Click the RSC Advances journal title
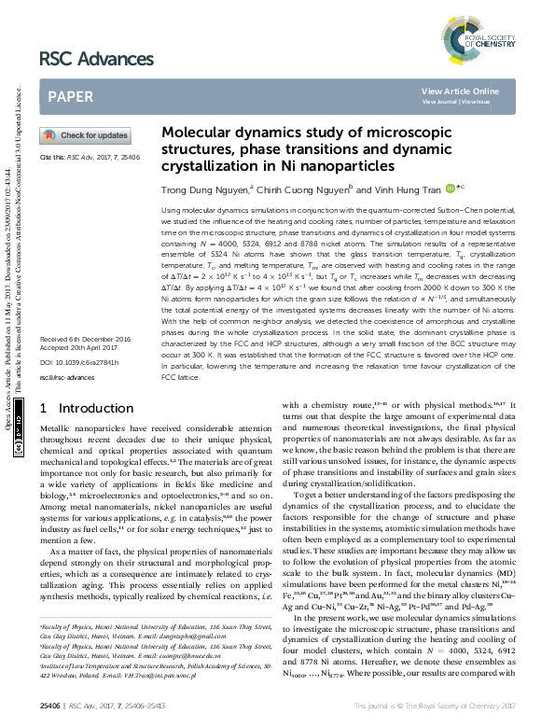[x=96, y=60]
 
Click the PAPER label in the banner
[x=71, y=96]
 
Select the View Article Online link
[x=460, y=91]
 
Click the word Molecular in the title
[x=193, y=133]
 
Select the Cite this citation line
[x=90, y=158]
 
